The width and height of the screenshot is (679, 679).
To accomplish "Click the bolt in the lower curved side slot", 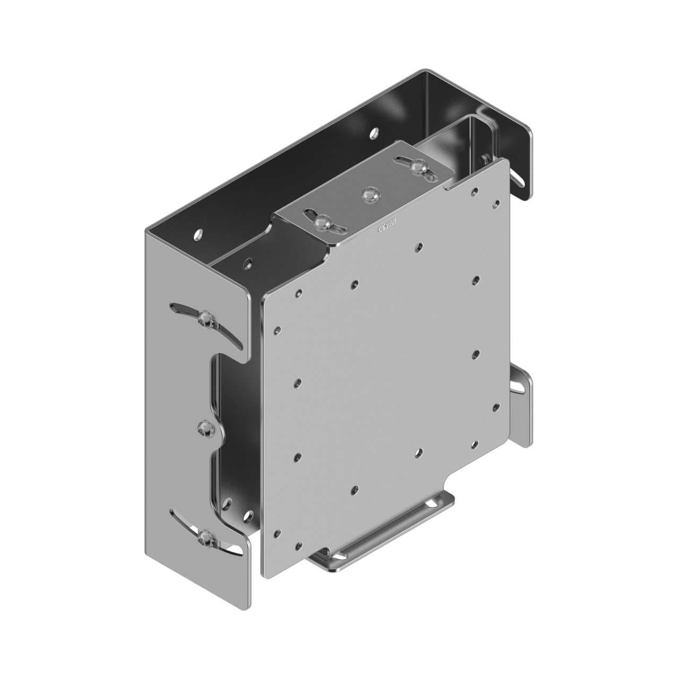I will coord(204,539).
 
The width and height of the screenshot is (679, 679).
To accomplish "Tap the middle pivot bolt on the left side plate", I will coord(204,430).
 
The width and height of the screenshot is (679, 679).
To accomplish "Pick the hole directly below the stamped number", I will coord(419,246).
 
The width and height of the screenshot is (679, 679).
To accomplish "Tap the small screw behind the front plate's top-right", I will coord(484,157).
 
